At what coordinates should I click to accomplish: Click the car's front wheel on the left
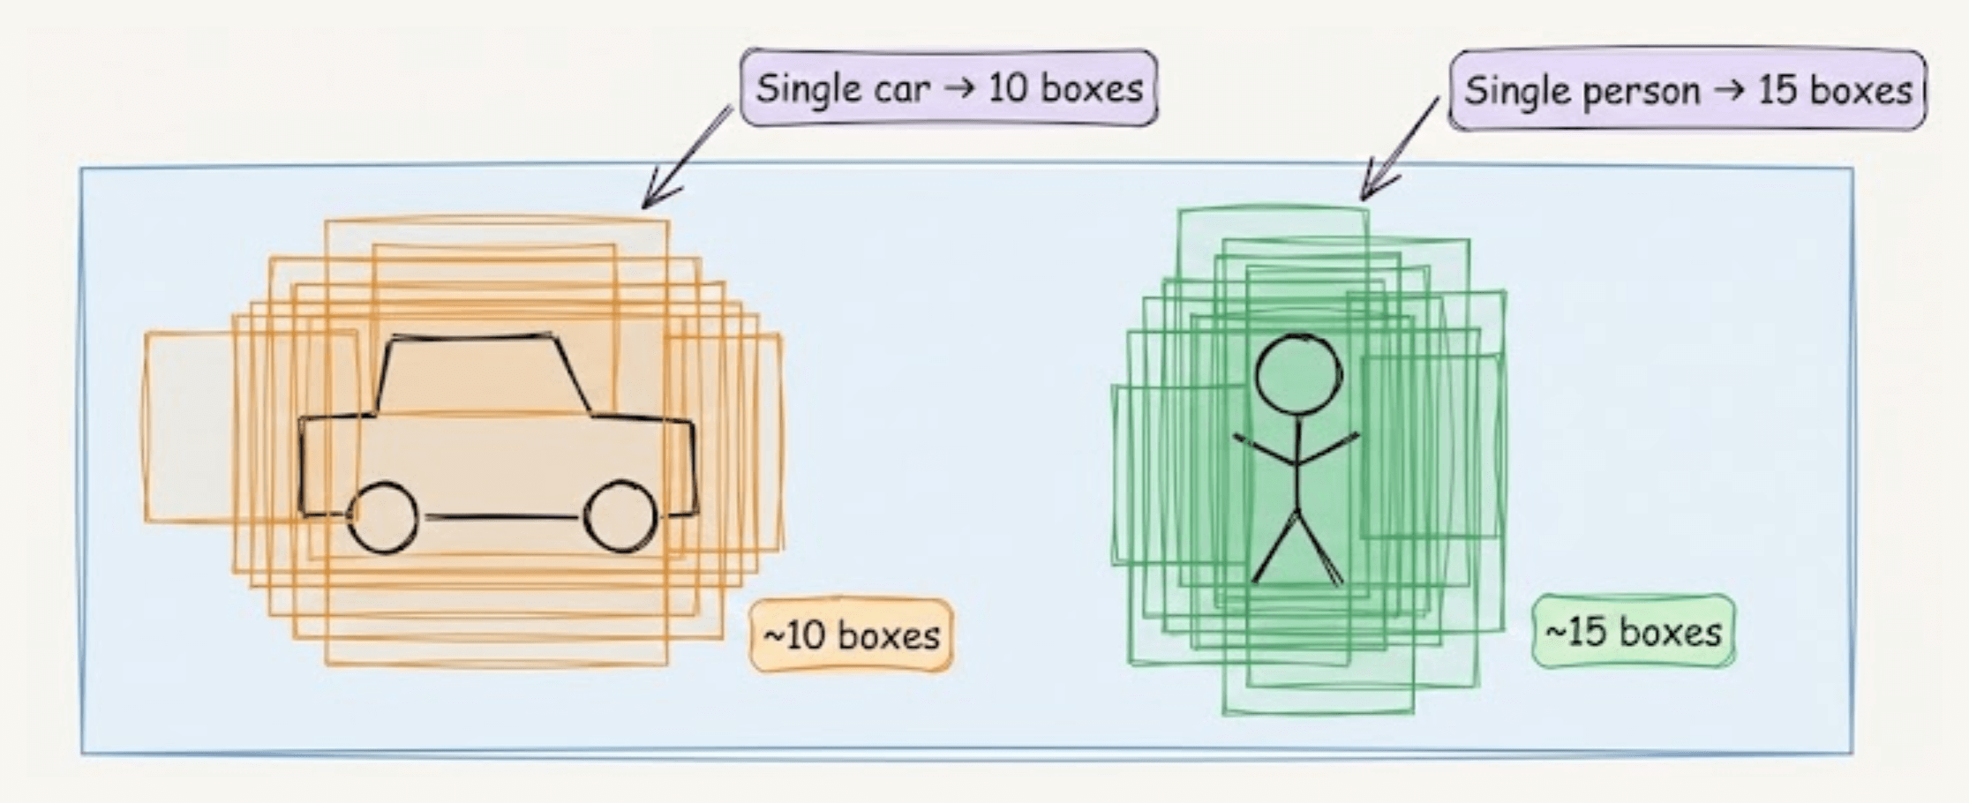(383, 518)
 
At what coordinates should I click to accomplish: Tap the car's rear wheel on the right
(620, 516)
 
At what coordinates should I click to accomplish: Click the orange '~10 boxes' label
(851, 635)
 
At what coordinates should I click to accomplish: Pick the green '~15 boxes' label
(1633, 632)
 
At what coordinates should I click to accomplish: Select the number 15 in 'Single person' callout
(1777, 90)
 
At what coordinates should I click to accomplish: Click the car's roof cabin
(484, 375)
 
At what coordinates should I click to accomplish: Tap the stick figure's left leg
(1275, 547)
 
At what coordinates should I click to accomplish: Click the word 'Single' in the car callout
(807, 89)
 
